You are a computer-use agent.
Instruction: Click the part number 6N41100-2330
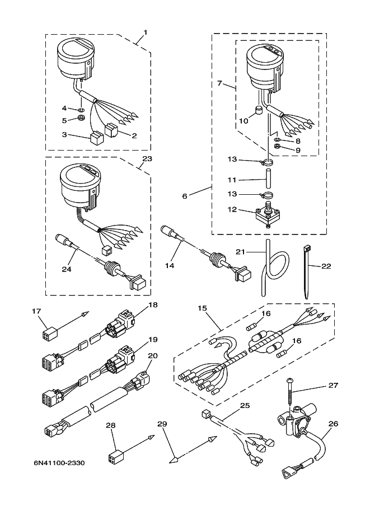point(59,463)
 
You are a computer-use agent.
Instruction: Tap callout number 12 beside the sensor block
point(232,209)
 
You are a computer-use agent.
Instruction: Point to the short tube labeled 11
point(268,179)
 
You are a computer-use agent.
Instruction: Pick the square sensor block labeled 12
point(266,215)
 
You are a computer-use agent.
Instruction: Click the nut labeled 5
point(82,118)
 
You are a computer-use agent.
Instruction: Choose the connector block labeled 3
point(96,138)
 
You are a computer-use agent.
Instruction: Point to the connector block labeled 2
point(112,130)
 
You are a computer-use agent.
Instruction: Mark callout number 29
point(162,424)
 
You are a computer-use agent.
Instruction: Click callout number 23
point(147,159)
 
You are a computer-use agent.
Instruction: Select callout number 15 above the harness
point(203,308)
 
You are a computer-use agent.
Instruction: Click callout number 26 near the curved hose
point(333,424)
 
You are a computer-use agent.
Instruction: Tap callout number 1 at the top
point(146,32)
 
